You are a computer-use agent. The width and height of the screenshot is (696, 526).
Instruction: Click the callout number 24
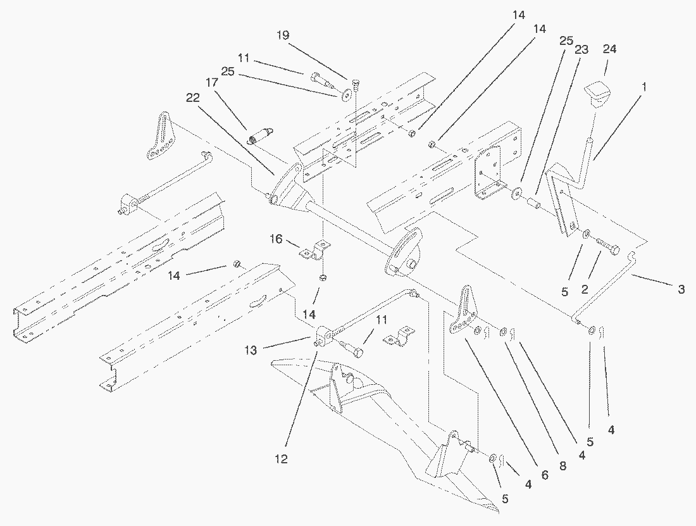[x=610, y=49]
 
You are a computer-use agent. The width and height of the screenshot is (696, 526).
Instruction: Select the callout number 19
[x=282, y=35]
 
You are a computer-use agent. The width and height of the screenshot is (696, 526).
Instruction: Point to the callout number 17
[x=211, y=82]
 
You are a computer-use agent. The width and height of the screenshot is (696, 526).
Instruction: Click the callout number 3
[x=681, y=289]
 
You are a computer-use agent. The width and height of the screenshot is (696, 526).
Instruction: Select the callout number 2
[x=585, y=289]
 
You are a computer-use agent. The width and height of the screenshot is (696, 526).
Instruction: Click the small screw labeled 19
[x=355, y=84]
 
